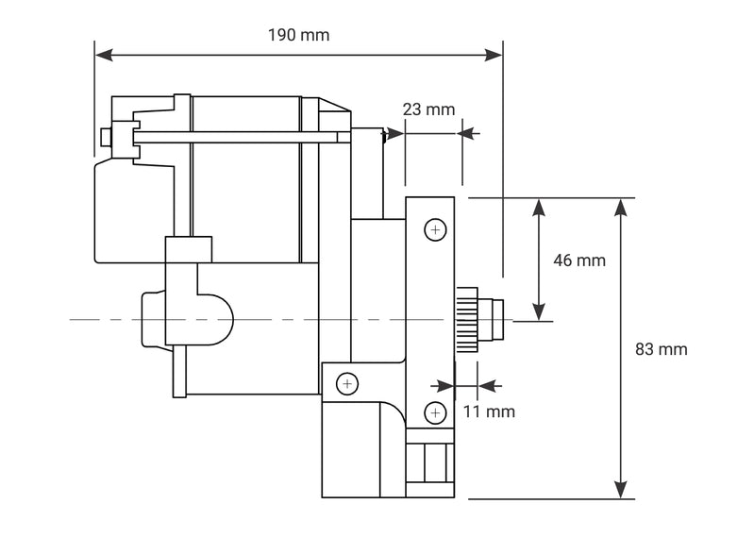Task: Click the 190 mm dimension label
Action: click(298, 35)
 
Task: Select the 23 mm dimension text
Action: click(428, 109)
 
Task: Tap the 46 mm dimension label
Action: click(579, 260)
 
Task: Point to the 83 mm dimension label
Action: click(661, 349)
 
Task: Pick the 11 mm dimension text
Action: click(489, 411)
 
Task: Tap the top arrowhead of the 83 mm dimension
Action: click(621, 207)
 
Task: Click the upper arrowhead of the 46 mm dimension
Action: click(539, 207)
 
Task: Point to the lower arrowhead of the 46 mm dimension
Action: click(539, 312)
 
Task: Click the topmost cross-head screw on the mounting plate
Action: click(434, 230)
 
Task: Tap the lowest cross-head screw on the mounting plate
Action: click(434, 411)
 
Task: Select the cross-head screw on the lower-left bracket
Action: click(348, 384)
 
